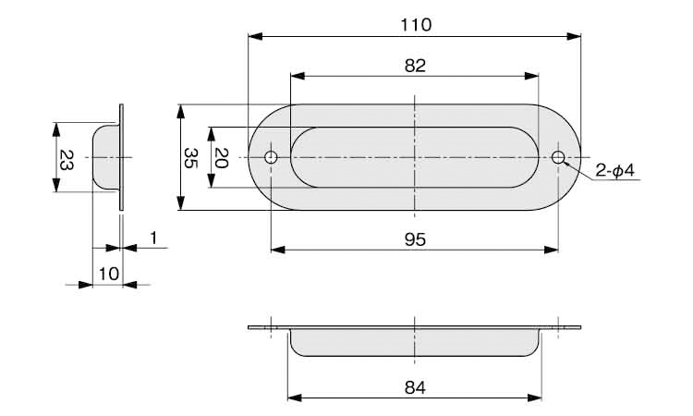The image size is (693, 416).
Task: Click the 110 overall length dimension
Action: [416, 25]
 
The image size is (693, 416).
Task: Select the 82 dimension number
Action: [415, 66]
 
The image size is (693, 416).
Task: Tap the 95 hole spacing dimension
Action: [415, 239]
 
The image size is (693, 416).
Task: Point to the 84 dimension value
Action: [415, 387]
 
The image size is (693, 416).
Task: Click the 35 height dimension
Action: [191, 158]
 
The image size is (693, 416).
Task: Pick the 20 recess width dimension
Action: [221, 158]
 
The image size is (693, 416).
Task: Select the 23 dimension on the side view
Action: [67, 160]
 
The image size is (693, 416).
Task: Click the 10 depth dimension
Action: [109, 274]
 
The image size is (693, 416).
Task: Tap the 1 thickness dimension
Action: [153, 239]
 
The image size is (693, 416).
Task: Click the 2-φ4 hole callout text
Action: [614, 170]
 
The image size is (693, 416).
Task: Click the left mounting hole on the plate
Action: [271, 157]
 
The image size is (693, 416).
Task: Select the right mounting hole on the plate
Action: [558, 157]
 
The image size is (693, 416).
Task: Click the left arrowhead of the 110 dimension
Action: [255, 36]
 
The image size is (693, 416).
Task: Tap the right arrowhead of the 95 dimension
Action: [552, 250]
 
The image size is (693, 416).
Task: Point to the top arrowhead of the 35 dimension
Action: [180, 112]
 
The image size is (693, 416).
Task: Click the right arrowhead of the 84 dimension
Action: [535, 398]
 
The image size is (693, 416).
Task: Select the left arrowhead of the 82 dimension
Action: [298, 76]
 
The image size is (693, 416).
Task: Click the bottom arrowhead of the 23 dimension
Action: [55, 185]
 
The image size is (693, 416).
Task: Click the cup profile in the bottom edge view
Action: [415, 355]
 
